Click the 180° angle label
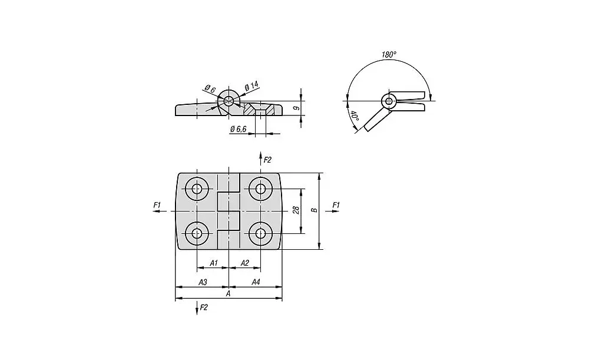tap(389, 54)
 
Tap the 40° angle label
tap(354, 116)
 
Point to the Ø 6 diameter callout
tap(210, 90)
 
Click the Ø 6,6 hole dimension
tap(238, 129)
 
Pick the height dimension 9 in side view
tap(298, 108)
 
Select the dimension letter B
tap(315, 210)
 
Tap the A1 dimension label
tap(214, 263)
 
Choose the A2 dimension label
tap(245, 263)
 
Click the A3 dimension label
tap(202, 282)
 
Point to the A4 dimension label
tap(256, 282)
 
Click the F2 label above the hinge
tap(267, 160)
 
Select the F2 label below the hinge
tap(204, 307)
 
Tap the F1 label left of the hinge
tap(157, 204)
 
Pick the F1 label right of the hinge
tap(336, 204)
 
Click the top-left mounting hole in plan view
tap(196, 189)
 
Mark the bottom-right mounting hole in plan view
tap(260, 234)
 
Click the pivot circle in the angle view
tap(388, 101)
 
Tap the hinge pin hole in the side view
tap(228, 101)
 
